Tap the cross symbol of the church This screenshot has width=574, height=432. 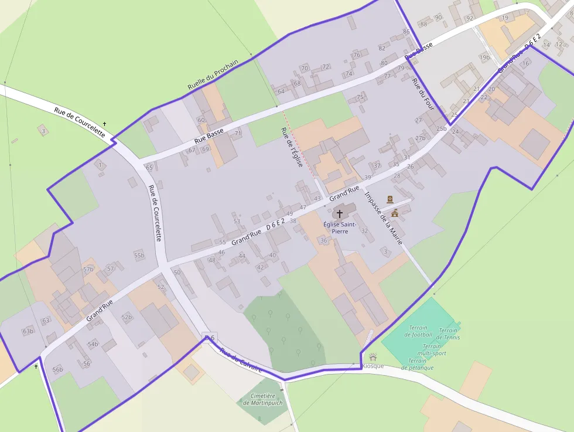339,215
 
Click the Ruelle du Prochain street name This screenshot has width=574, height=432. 213,76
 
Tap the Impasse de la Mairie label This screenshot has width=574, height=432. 383,218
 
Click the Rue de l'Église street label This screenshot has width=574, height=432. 291,147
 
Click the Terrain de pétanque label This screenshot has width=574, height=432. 418,364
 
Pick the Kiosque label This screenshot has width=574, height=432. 373,366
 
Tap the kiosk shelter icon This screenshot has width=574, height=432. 373,356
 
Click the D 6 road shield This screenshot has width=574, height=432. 209,338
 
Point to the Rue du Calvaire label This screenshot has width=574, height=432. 241,360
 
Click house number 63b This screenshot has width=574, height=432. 28,331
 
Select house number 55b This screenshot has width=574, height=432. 139,255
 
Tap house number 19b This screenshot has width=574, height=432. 484,57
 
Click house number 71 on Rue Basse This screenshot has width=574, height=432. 238,133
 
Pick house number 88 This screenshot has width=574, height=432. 423,24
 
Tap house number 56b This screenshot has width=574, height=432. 57,369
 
